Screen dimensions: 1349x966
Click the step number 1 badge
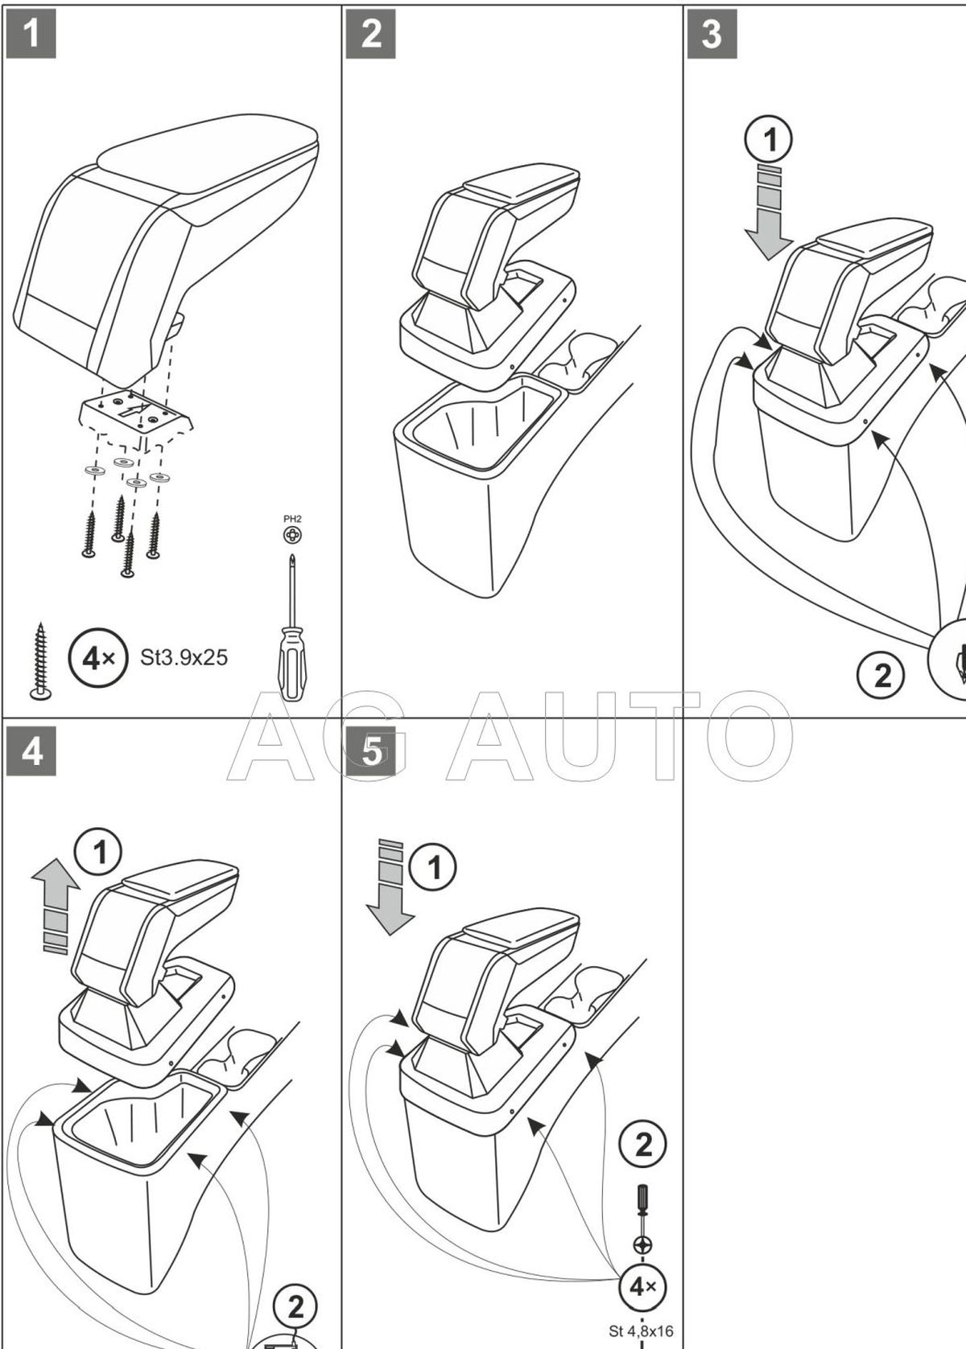click(x=31, y=34)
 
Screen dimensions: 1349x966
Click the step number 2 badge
click(x=370, y=34)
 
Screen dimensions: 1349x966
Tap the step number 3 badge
click(x=712, y=34)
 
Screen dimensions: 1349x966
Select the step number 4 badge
click(x=31, y=751)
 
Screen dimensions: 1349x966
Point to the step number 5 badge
click(x=370, y=751)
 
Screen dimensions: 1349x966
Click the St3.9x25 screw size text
click(x=184, y=658)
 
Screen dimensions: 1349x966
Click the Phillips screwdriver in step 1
click(x=291, y=627)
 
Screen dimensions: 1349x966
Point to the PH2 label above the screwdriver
click(x=292, y=519)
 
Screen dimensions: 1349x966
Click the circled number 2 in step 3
click(x=882, y=674)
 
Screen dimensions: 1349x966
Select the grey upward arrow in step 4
click(x=56, y=905)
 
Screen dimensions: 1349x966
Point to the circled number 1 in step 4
click(x=100, y=853)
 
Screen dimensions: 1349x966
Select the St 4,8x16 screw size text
click(x=641, y=1330)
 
